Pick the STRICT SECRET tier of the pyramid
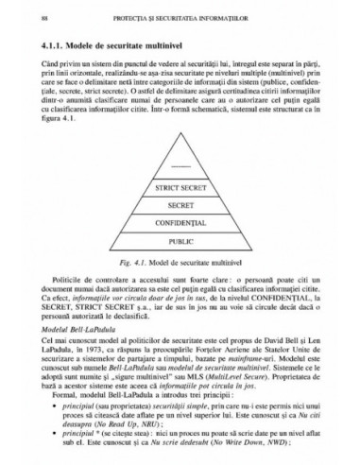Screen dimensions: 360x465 pos(180,190)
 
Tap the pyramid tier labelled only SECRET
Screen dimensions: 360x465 pos(180,206)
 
